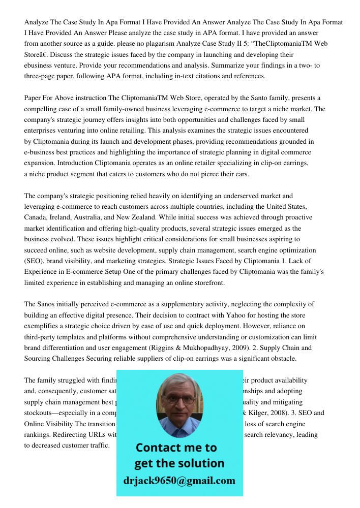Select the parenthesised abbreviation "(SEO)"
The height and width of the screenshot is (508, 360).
point(34,261)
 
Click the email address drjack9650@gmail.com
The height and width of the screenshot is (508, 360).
point(179,481)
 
